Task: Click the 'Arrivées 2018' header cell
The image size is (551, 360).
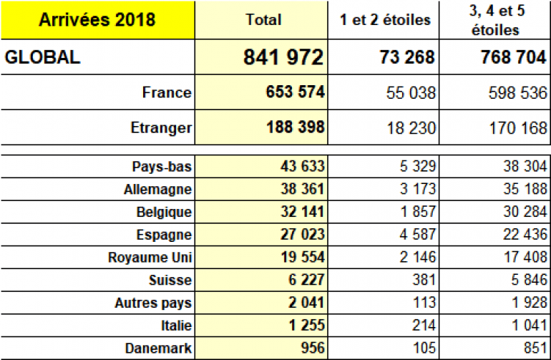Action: pyautogui.click(x=97, y=19)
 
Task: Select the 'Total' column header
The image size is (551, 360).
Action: pyautogui.click(x=263, y=20)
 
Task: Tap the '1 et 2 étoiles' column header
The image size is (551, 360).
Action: pyautogui.click(x=385, y=20)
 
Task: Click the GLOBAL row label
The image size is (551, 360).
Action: pyautogui.click(x=43, y=58)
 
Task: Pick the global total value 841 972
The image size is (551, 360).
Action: pyautogui.click(x=284, y=58)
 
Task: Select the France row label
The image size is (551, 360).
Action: pyautogui.click(x=167, y=92)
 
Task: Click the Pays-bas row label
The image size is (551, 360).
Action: pyautogui.click(x=162, y=166)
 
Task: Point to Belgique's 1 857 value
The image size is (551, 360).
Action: pyautogui.click(x=414, y=213)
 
